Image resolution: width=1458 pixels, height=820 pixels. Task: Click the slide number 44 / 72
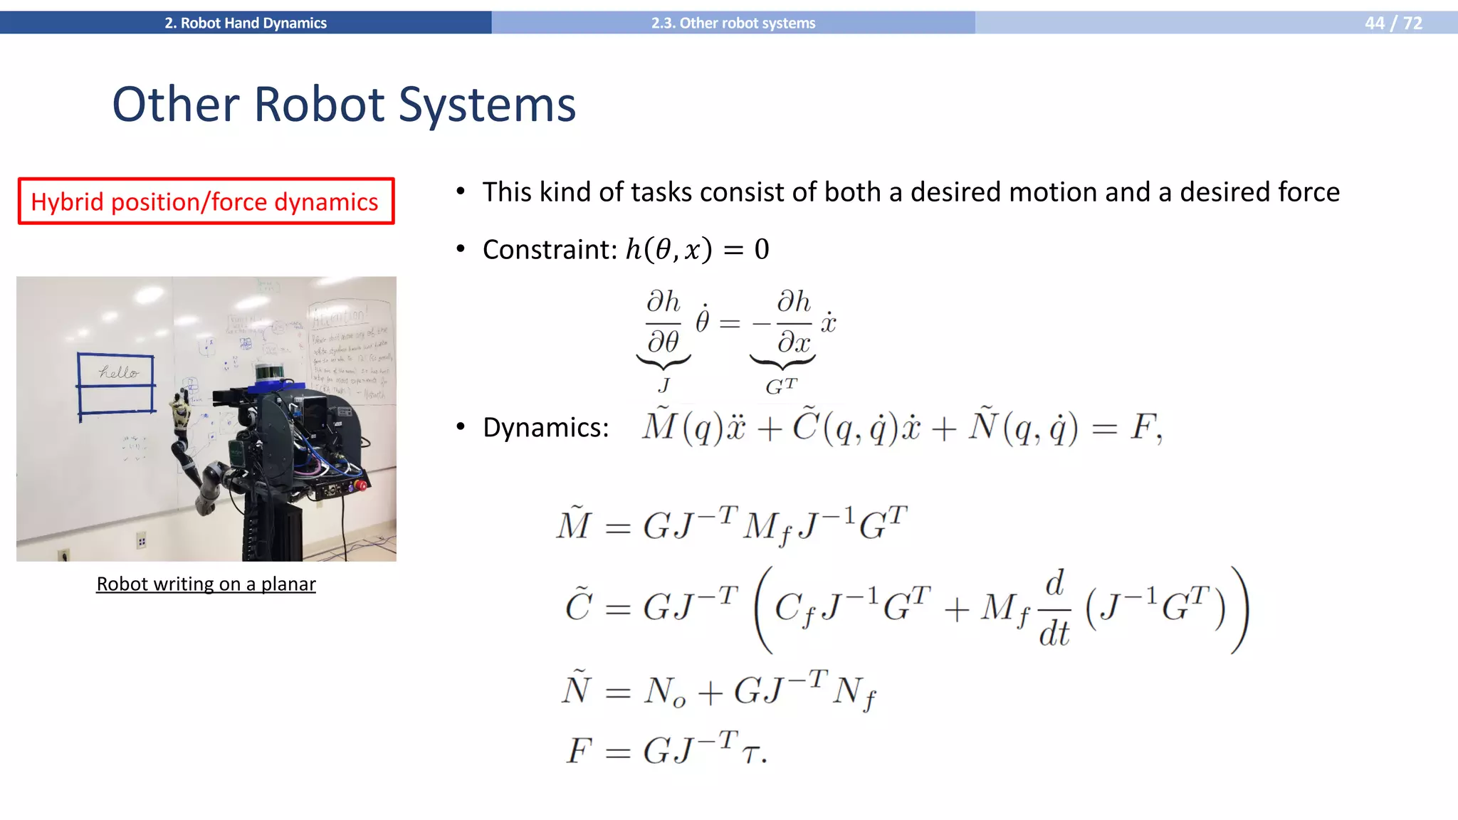point(1393,23)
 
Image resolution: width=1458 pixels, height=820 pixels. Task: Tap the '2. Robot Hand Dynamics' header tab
point(246,23)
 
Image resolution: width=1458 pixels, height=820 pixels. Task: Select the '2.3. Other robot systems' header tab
point(733,23)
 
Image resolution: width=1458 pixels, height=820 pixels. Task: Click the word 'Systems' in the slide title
point(487,105)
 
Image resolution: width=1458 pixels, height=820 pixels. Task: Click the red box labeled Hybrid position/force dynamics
point(206,201)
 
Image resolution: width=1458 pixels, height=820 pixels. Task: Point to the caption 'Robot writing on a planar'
point(206,584)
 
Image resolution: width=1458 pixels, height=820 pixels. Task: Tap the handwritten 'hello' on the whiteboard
point(118,372)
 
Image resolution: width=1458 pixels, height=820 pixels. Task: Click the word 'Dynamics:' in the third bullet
point(546,428)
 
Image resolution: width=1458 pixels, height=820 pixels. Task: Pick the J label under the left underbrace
point(664,386)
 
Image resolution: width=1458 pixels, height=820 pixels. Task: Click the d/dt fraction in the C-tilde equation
point(1054,609)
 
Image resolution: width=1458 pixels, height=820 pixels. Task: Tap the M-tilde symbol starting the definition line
point(574,524)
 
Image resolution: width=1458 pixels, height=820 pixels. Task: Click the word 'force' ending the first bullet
point(1308,192)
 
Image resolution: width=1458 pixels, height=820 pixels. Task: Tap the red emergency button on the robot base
point(362,486)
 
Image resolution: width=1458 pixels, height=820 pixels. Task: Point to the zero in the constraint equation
point(761,250)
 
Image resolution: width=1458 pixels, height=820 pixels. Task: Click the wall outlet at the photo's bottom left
point(63,553)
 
